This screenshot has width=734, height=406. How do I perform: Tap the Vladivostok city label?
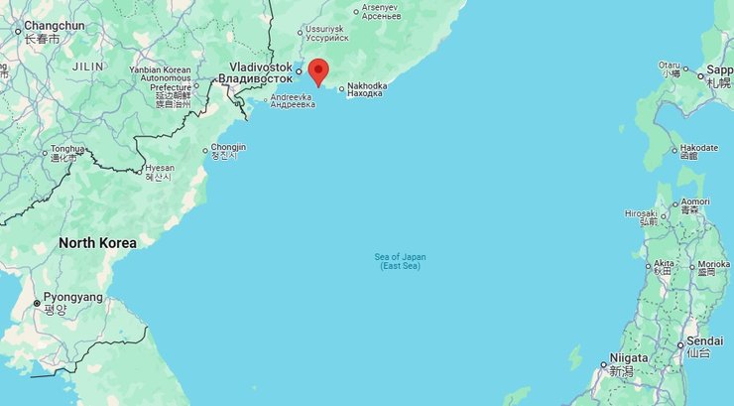255,71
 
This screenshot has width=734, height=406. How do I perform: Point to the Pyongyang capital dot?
37,303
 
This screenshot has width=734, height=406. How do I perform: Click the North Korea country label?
97,242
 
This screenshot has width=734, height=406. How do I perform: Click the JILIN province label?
88,66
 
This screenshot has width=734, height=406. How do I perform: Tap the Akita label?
663,266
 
